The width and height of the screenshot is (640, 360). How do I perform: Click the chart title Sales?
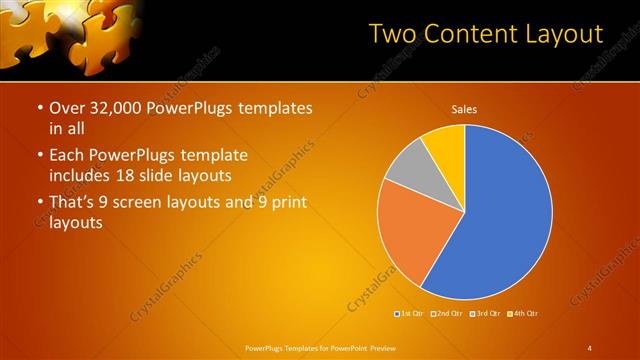(464, 110)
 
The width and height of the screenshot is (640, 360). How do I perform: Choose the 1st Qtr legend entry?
(410, 314)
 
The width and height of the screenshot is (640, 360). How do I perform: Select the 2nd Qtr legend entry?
(447, 314)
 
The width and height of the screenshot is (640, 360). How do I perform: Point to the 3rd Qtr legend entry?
(485, 314)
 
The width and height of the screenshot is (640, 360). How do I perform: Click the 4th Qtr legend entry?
(522, 314)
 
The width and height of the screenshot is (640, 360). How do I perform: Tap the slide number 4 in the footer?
(589, 348)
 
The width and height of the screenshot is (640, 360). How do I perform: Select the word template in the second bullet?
(213, 156)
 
